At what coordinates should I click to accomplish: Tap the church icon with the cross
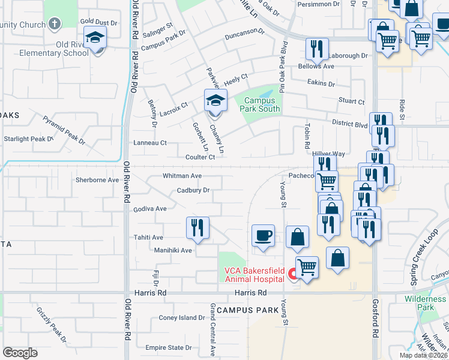pyautogui.click(x=55, y=25)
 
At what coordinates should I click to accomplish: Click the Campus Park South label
pyautogui.click(x=260, y=105)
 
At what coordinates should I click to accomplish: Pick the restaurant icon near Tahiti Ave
pyautogui.click(x=197, y=228)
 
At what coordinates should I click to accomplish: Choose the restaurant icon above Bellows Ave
pyautogui.click(x=317, y=50)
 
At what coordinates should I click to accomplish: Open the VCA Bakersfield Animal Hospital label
pyautogui.click(x=254, y=274)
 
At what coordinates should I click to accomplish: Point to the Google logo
pyautogui.click(x=20, y=352)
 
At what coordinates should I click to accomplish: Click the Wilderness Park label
pyautogui.click(x=425, y=302)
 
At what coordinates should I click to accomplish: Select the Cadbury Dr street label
pyautogui.click(x=193, y=191)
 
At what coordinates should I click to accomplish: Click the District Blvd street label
pyautogui.click(x=349, y=124)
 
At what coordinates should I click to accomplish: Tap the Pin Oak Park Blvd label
pyautogui.click(x=281, y=66)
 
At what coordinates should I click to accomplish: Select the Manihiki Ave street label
pyautogui.click(x=173, y=250)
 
